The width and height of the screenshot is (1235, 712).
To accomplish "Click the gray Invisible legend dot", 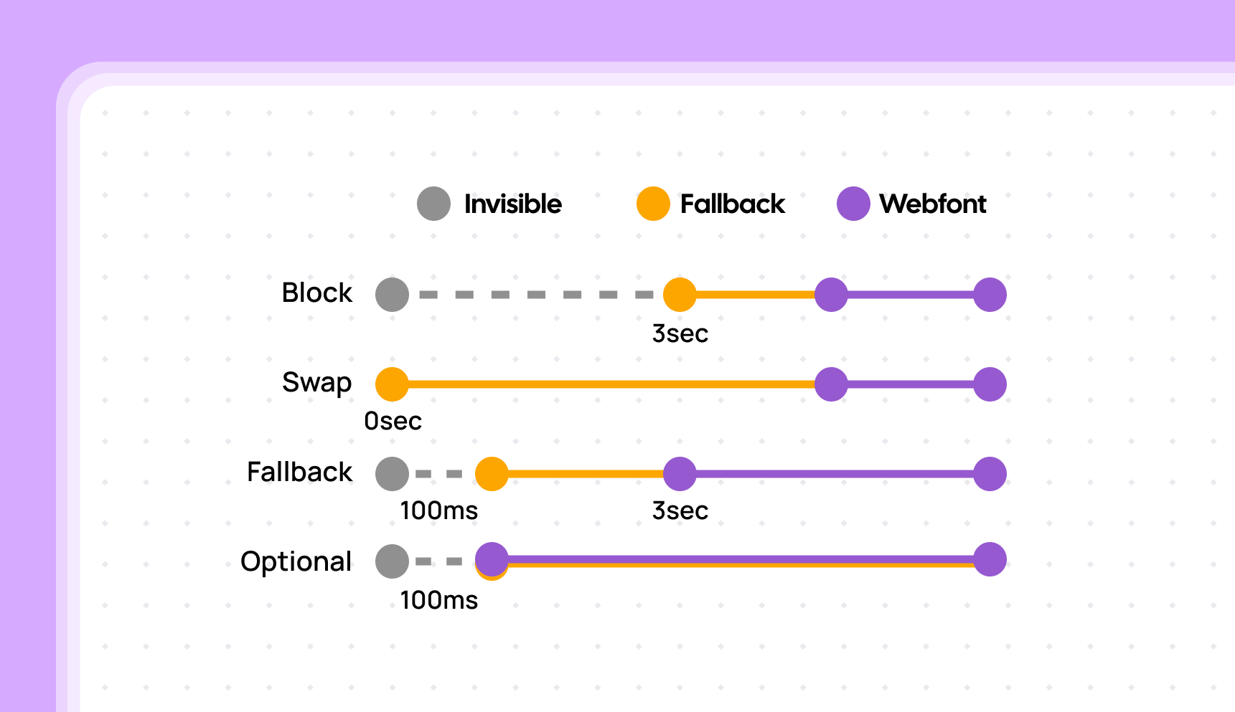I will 433,204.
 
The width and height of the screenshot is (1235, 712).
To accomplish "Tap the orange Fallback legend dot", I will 653,204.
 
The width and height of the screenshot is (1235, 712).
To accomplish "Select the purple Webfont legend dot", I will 853,204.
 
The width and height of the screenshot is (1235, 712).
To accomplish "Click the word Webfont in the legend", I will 933,204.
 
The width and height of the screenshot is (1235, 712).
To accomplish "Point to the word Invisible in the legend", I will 512,204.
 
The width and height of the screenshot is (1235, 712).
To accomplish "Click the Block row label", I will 317,293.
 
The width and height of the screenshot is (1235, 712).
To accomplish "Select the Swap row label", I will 317,383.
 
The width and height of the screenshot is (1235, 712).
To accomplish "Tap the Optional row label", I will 296,561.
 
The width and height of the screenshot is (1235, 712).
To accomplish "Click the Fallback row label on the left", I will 300,473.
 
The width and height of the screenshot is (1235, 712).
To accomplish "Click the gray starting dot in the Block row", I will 392,295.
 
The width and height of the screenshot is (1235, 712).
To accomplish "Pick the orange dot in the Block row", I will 680,295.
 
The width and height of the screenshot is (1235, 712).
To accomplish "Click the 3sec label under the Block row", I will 680,334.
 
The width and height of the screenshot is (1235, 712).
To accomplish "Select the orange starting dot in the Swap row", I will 392,384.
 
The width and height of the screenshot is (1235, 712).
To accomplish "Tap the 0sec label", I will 393,422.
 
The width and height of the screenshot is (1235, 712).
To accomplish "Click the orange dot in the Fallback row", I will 492,474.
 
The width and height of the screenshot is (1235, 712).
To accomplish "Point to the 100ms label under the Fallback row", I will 438,511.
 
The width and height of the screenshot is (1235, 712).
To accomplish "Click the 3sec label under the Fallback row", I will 680,511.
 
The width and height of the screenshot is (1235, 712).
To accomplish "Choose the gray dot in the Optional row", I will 392,561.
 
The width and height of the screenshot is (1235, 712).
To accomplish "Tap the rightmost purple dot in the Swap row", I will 990,384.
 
